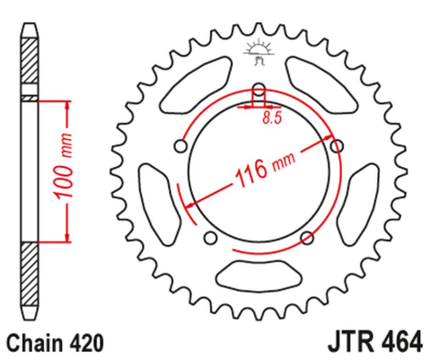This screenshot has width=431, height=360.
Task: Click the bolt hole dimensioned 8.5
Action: click(x=259, y=90)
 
